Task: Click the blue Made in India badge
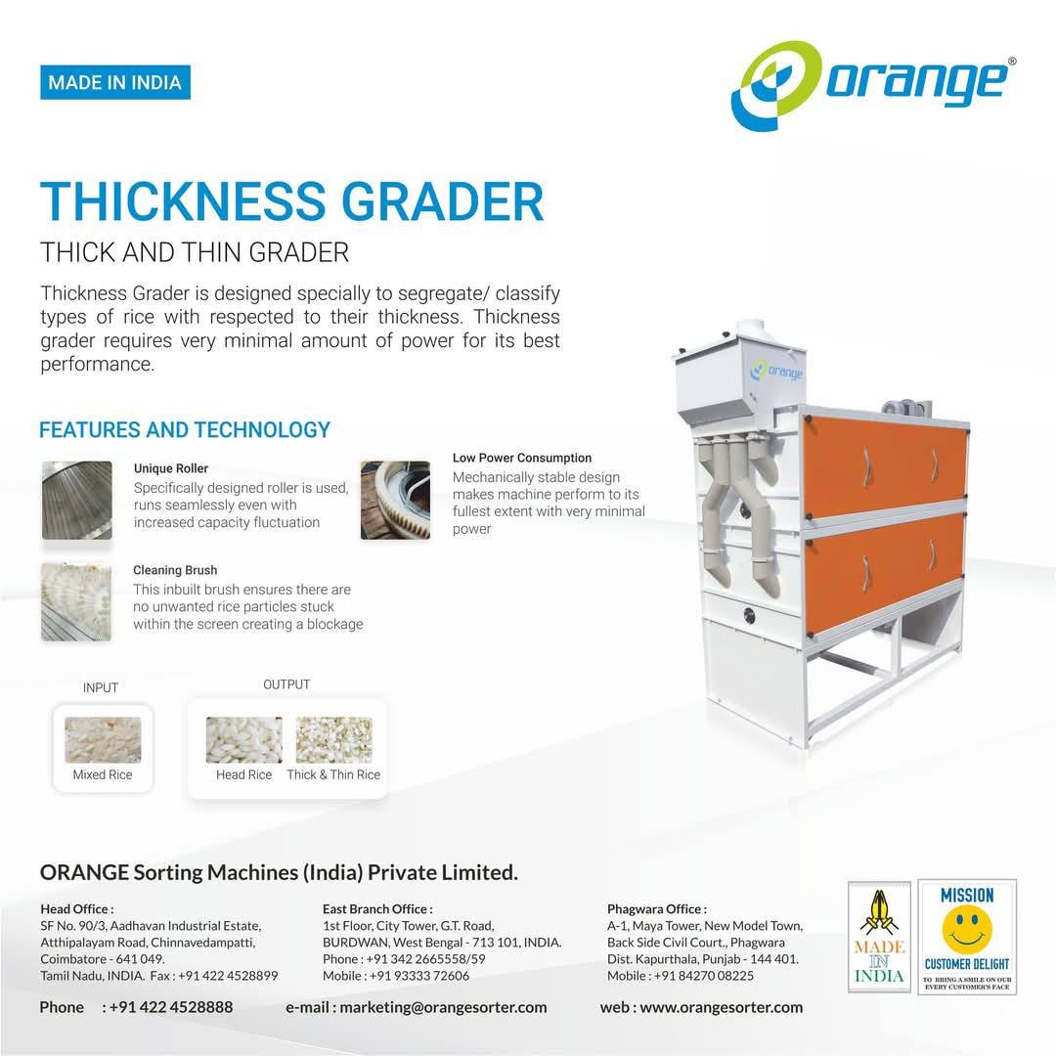pos(115,82)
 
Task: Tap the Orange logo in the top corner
pos(873,85)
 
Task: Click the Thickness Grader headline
pos(291,200)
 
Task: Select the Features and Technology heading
pos(185,429)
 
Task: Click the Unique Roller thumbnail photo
pos(77,501)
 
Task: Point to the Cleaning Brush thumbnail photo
pos(76,601)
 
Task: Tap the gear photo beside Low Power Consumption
pos(395,501)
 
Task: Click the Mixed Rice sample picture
pos(103,739)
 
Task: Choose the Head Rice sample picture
pos(243,739)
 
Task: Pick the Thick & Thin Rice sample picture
pos(334,739)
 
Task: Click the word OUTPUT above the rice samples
pos(286,684)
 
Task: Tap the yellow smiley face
pos(966,929)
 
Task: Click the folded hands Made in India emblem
pos(879,937)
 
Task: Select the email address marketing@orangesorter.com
pos(443,1007)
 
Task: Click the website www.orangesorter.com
pos(722,1007)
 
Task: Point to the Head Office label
pos(77,909)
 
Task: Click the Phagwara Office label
pos(657,909)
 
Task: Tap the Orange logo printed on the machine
pos(777,371)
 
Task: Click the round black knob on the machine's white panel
pos(750,615)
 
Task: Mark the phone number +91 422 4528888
pos(171,1007)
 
